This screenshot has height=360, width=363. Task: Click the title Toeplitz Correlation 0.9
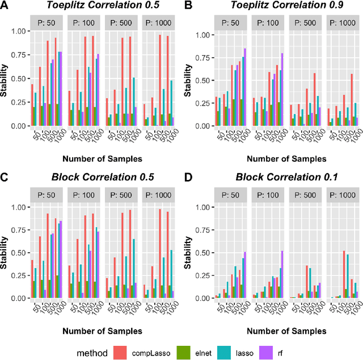(280, 6)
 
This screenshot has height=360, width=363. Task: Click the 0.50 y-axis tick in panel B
(201, 80)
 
